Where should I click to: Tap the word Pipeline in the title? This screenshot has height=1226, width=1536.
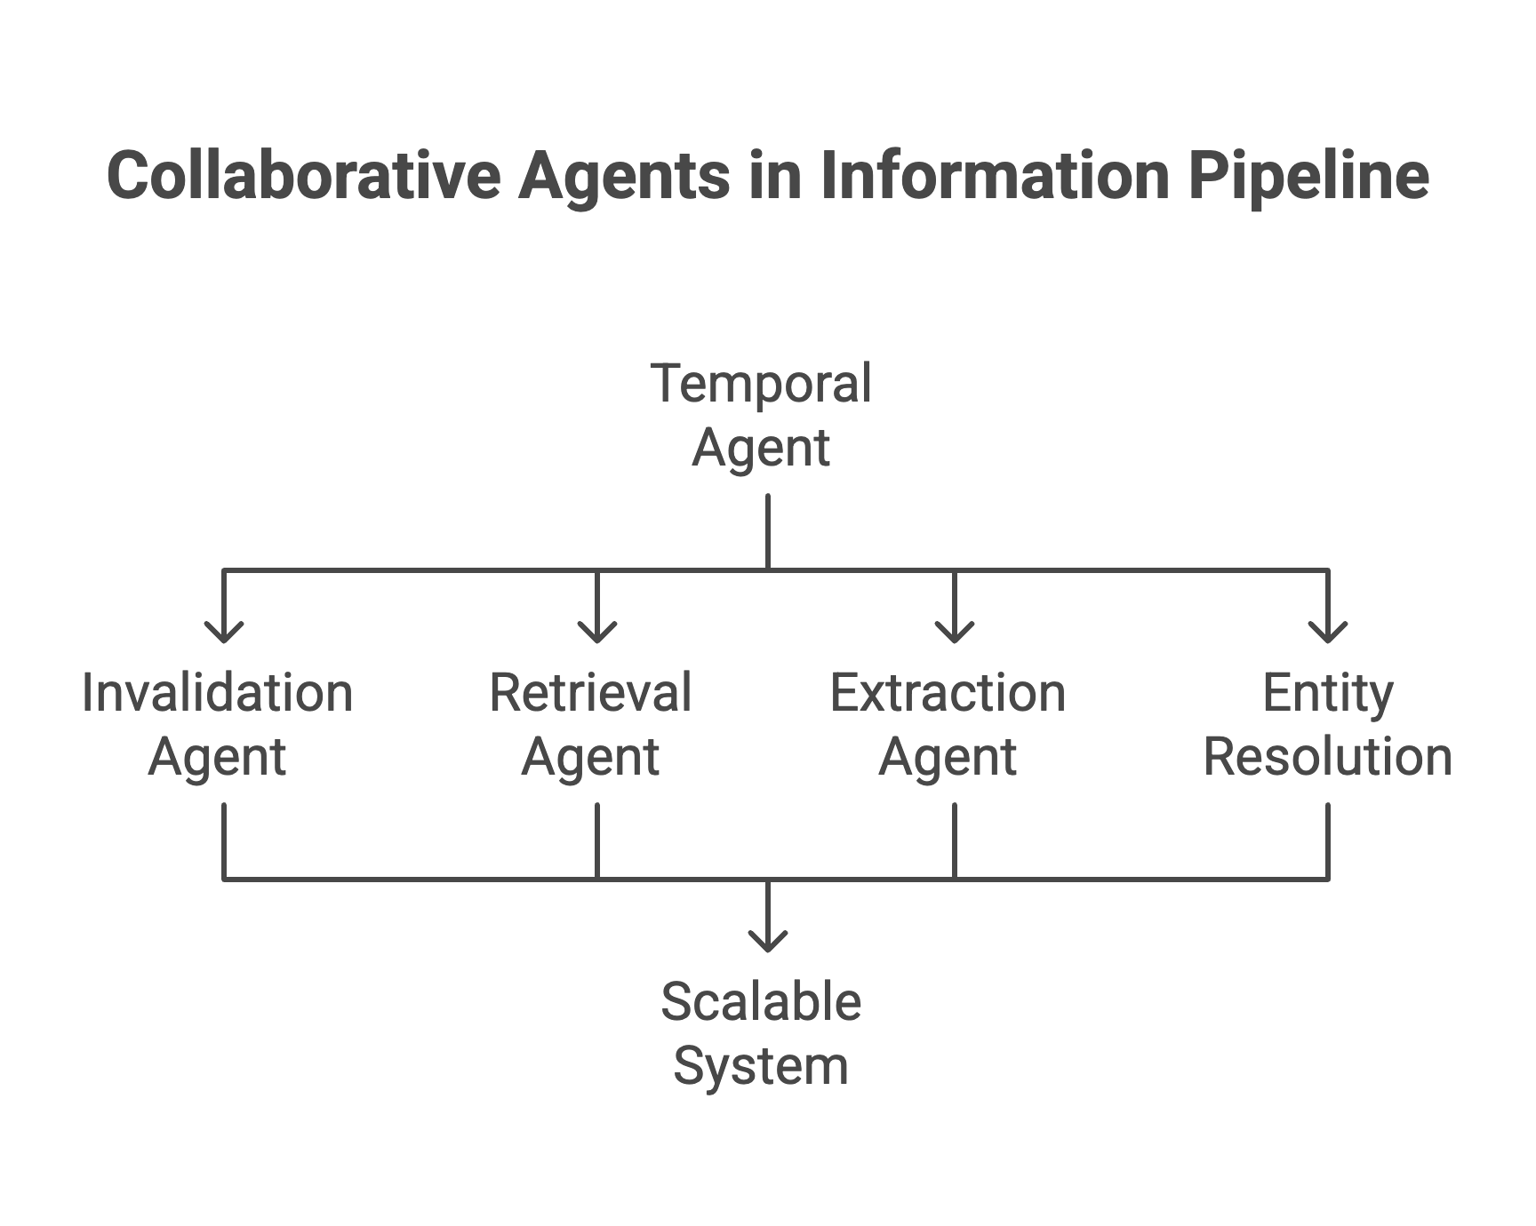point(1308,175)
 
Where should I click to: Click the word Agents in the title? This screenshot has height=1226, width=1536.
point(624,175)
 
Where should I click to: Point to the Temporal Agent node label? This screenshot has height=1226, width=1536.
point(761,415)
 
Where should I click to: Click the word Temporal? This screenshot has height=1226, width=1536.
point(761,384)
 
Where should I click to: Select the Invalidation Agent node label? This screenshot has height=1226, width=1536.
point(218,724)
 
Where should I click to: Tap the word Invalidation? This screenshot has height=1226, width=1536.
point(218,693)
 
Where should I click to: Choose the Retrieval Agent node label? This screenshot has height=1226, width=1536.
point(590,724)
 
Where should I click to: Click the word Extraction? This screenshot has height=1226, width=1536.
point(948,693)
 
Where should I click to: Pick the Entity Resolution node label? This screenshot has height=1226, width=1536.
point(1327,724)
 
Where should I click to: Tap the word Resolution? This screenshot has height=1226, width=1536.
point(1327,757)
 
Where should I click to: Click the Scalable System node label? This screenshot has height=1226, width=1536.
point(761,1033)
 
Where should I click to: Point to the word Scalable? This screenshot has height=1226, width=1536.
point(761,1002)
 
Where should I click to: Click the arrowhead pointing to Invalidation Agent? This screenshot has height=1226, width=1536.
point(224,633)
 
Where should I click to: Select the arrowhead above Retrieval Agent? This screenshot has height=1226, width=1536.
point(597,633)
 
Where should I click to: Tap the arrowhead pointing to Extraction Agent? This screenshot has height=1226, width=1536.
point(955,633)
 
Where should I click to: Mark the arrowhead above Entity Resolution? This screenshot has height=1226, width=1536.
point(1328,633)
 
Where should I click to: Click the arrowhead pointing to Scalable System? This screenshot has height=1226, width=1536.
point(768,942)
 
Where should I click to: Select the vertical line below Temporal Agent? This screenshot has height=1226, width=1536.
point(768,531)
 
